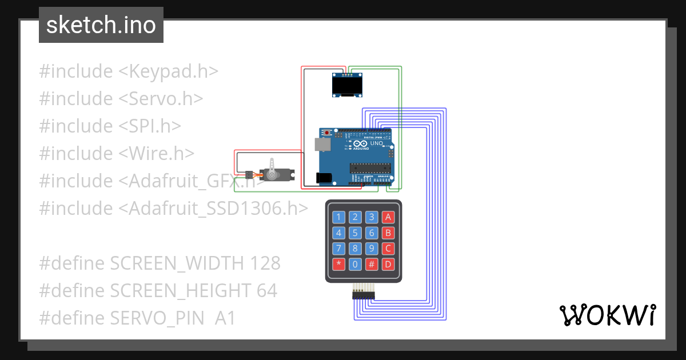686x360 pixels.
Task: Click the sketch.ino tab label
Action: pos(101,25)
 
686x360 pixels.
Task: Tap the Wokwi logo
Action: pos(607,315)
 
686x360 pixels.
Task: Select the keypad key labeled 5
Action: pos(355,233)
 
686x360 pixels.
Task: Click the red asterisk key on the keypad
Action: pos(339,265)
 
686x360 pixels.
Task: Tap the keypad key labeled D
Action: pos(388,265)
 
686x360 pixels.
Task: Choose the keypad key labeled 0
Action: pos(355,265)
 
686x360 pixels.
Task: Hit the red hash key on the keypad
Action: pos(372,265)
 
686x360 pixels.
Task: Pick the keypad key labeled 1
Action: pos(339,217)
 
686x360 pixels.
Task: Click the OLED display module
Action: pos(347,85)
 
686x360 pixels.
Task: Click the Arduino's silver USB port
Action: pos(324,144)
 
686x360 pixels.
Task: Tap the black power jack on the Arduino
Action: pos(324,178)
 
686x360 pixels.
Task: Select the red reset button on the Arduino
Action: pos(326,133)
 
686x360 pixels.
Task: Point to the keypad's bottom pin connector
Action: pos(363,294)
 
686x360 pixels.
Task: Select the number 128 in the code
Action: pos(265,263)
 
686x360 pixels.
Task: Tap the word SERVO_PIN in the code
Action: pos(159,318)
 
